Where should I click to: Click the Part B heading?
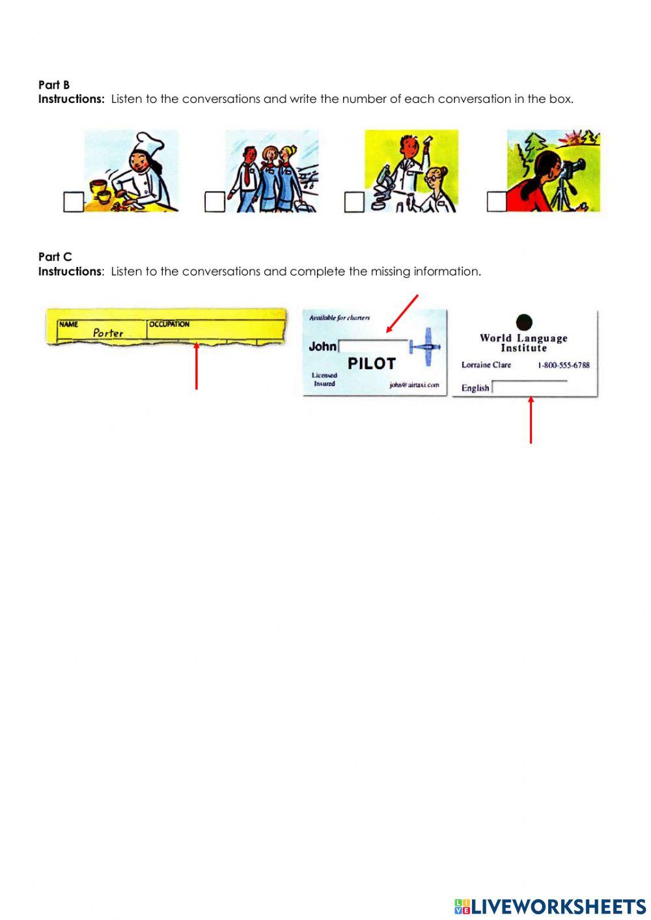54,85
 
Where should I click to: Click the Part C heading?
55,257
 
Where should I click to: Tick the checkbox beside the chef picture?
73,202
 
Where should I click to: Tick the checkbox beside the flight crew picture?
214,202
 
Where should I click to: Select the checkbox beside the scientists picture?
354,202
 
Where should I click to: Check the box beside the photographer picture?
496,202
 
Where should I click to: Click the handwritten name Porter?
108,333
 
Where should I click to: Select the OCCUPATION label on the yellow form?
169,324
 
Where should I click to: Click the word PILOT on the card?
371,363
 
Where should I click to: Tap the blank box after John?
372,346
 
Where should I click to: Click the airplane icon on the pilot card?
426,343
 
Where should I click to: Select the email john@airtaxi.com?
414,385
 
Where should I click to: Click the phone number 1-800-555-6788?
563,365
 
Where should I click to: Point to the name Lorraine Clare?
486,365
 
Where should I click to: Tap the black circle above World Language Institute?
523,322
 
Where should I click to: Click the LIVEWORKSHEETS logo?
550,906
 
